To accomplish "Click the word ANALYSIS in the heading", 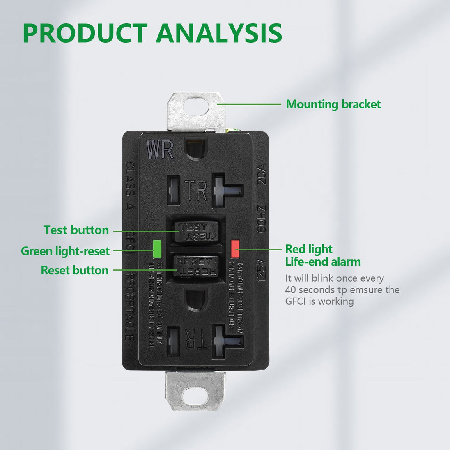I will pos(219,33).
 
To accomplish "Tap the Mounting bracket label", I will pos(333,104).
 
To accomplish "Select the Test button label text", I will pos(76,230).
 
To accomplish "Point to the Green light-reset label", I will pos(65,251).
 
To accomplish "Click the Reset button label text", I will pos(75,270).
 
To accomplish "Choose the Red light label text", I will pos(309,249).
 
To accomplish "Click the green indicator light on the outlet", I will pos(156,248).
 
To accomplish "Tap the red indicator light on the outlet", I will pos(235,249).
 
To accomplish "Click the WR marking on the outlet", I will pos(160,150).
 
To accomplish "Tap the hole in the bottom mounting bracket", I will pos(195,394).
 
